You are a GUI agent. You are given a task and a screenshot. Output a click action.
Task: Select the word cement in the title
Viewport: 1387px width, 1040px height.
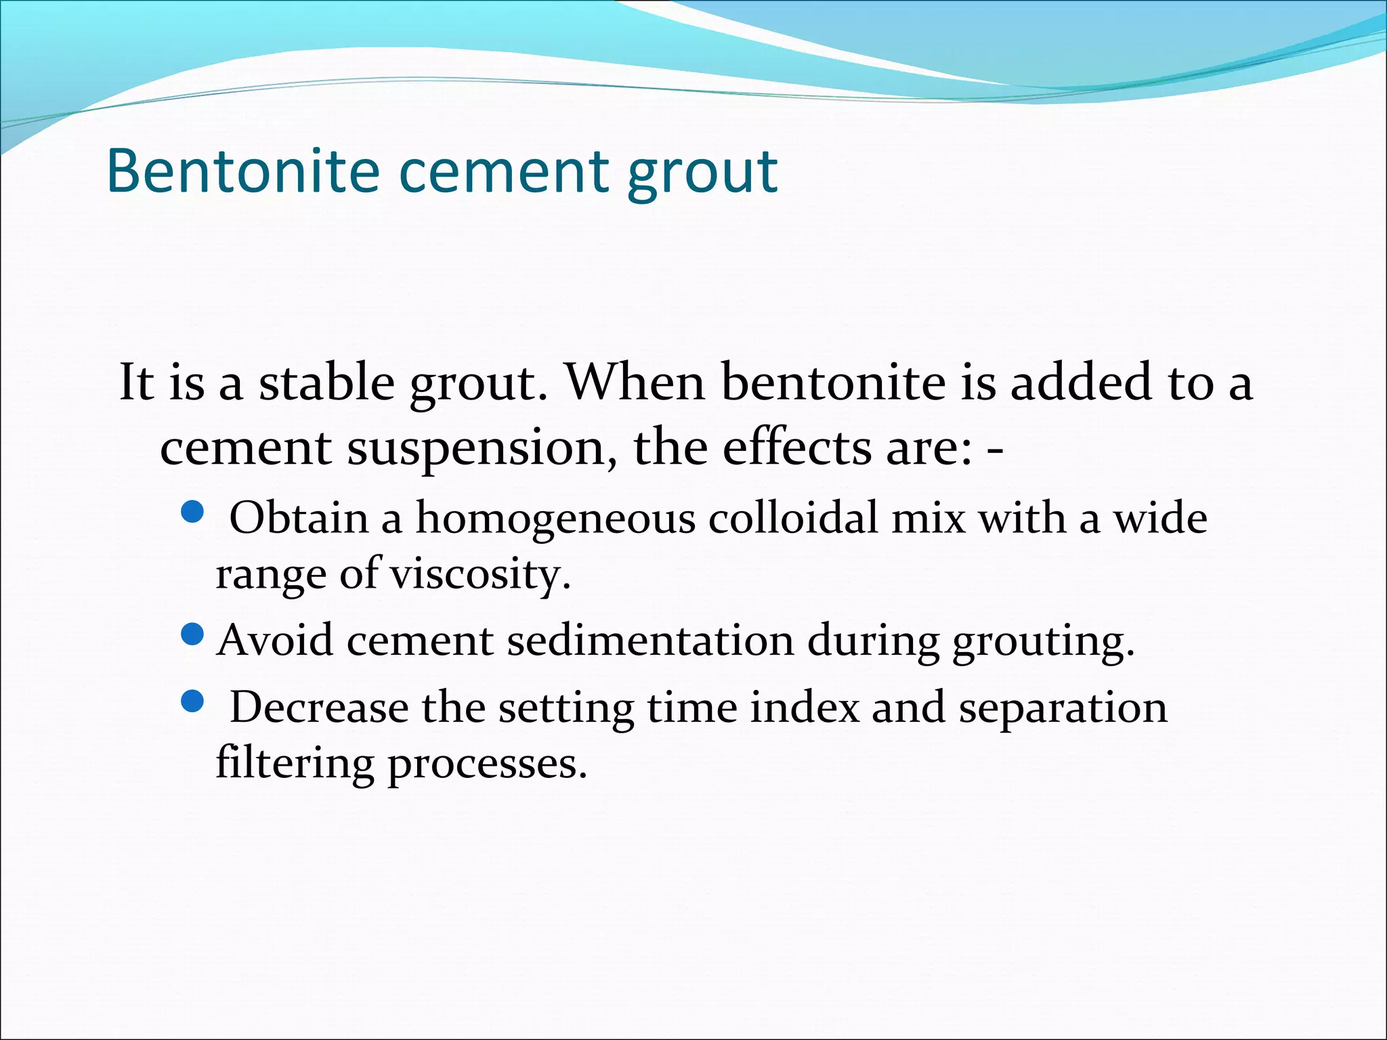(x=502, y=173)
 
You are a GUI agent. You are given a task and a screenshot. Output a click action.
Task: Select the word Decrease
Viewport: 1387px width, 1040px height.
(x=319, y=708)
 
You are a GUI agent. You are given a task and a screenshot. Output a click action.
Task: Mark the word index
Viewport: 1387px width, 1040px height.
(x=804, y=708)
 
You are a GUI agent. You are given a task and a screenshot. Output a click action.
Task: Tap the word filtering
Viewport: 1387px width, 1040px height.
(x=295, y=764)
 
